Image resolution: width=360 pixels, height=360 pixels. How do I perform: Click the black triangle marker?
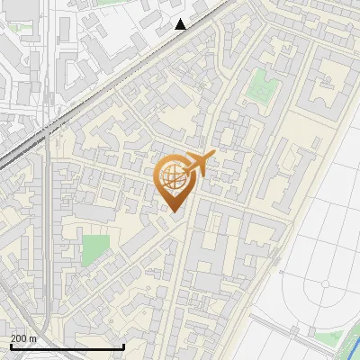[181, 24]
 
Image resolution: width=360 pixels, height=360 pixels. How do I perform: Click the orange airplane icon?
[195, 165]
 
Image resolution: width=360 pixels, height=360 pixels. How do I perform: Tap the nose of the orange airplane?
[213, 155]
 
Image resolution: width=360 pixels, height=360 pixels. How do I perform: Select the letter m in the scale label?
[32, 338]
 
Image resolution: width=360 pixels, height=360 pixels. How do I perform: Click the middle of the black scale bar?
[66, 346]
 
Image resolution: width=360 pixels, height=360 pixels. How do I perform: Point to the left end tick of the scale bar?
[9, 345]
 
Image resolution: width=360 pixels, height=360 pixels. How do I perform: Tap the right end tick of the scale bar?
[122, 345]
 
